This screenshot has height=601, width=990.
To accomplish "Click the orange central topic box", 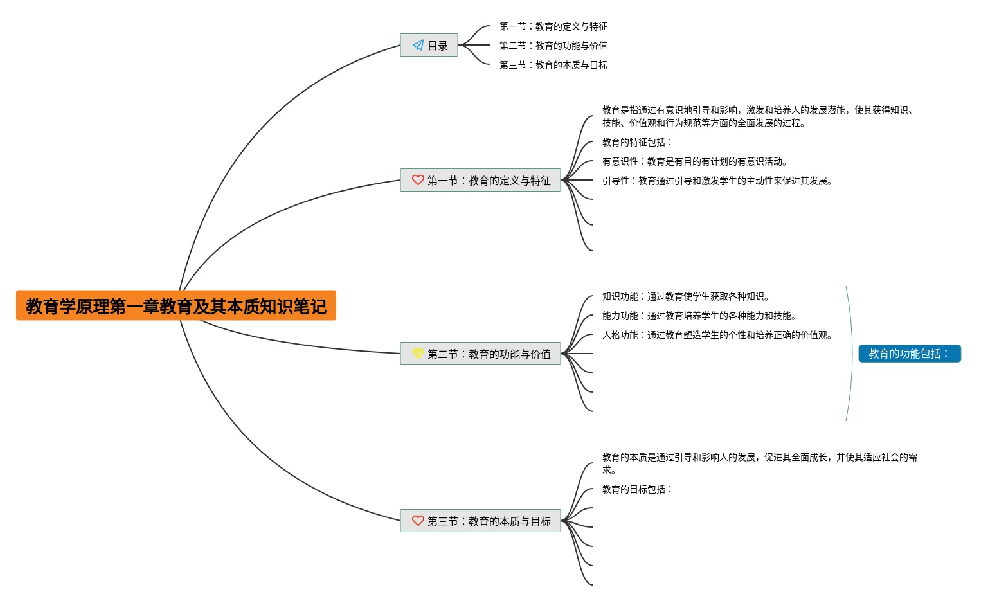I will coord(175,306).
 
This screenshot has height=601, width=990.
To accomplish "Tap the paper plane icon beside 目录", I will coord(419,46).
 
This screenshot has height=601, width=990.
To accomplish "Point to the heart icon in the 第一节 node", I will coord(418,180).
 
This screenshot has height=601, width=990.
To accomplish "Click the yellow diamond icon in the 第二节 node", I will coord(418,354).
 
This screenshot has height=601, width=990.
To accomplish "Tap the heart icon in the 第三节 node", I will coord(418,521).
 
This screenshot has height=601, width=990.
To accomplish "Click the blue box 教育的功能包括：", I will coord(909,354).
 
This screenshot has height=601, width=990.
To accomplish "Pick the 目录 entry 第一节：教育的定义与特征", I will coord(553,26).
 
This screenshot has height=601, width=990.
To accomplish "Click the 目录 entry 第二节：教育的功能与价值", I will coord(553,46).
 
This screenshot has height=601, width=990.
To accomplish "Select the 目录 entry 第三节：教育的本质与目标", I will coord(553,65).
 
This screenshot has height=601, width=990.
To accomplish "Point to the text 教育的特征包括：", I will coord(637,142).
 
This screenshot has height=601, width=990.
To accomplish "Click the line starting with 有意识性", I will coord(695,161).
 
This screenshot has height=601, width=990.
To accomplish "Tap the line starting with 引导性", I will coord(717,181).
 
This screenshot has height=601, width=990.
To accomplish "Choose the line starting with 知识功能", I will coord(686,296).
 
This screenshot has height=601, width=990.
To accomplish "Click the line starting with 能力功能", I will coord(699,316).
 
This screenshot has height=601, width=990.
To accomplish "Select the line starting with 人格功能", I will coord(717,335).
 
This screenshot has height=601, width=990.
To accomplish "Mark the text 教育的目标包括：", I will coord(637,489).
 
